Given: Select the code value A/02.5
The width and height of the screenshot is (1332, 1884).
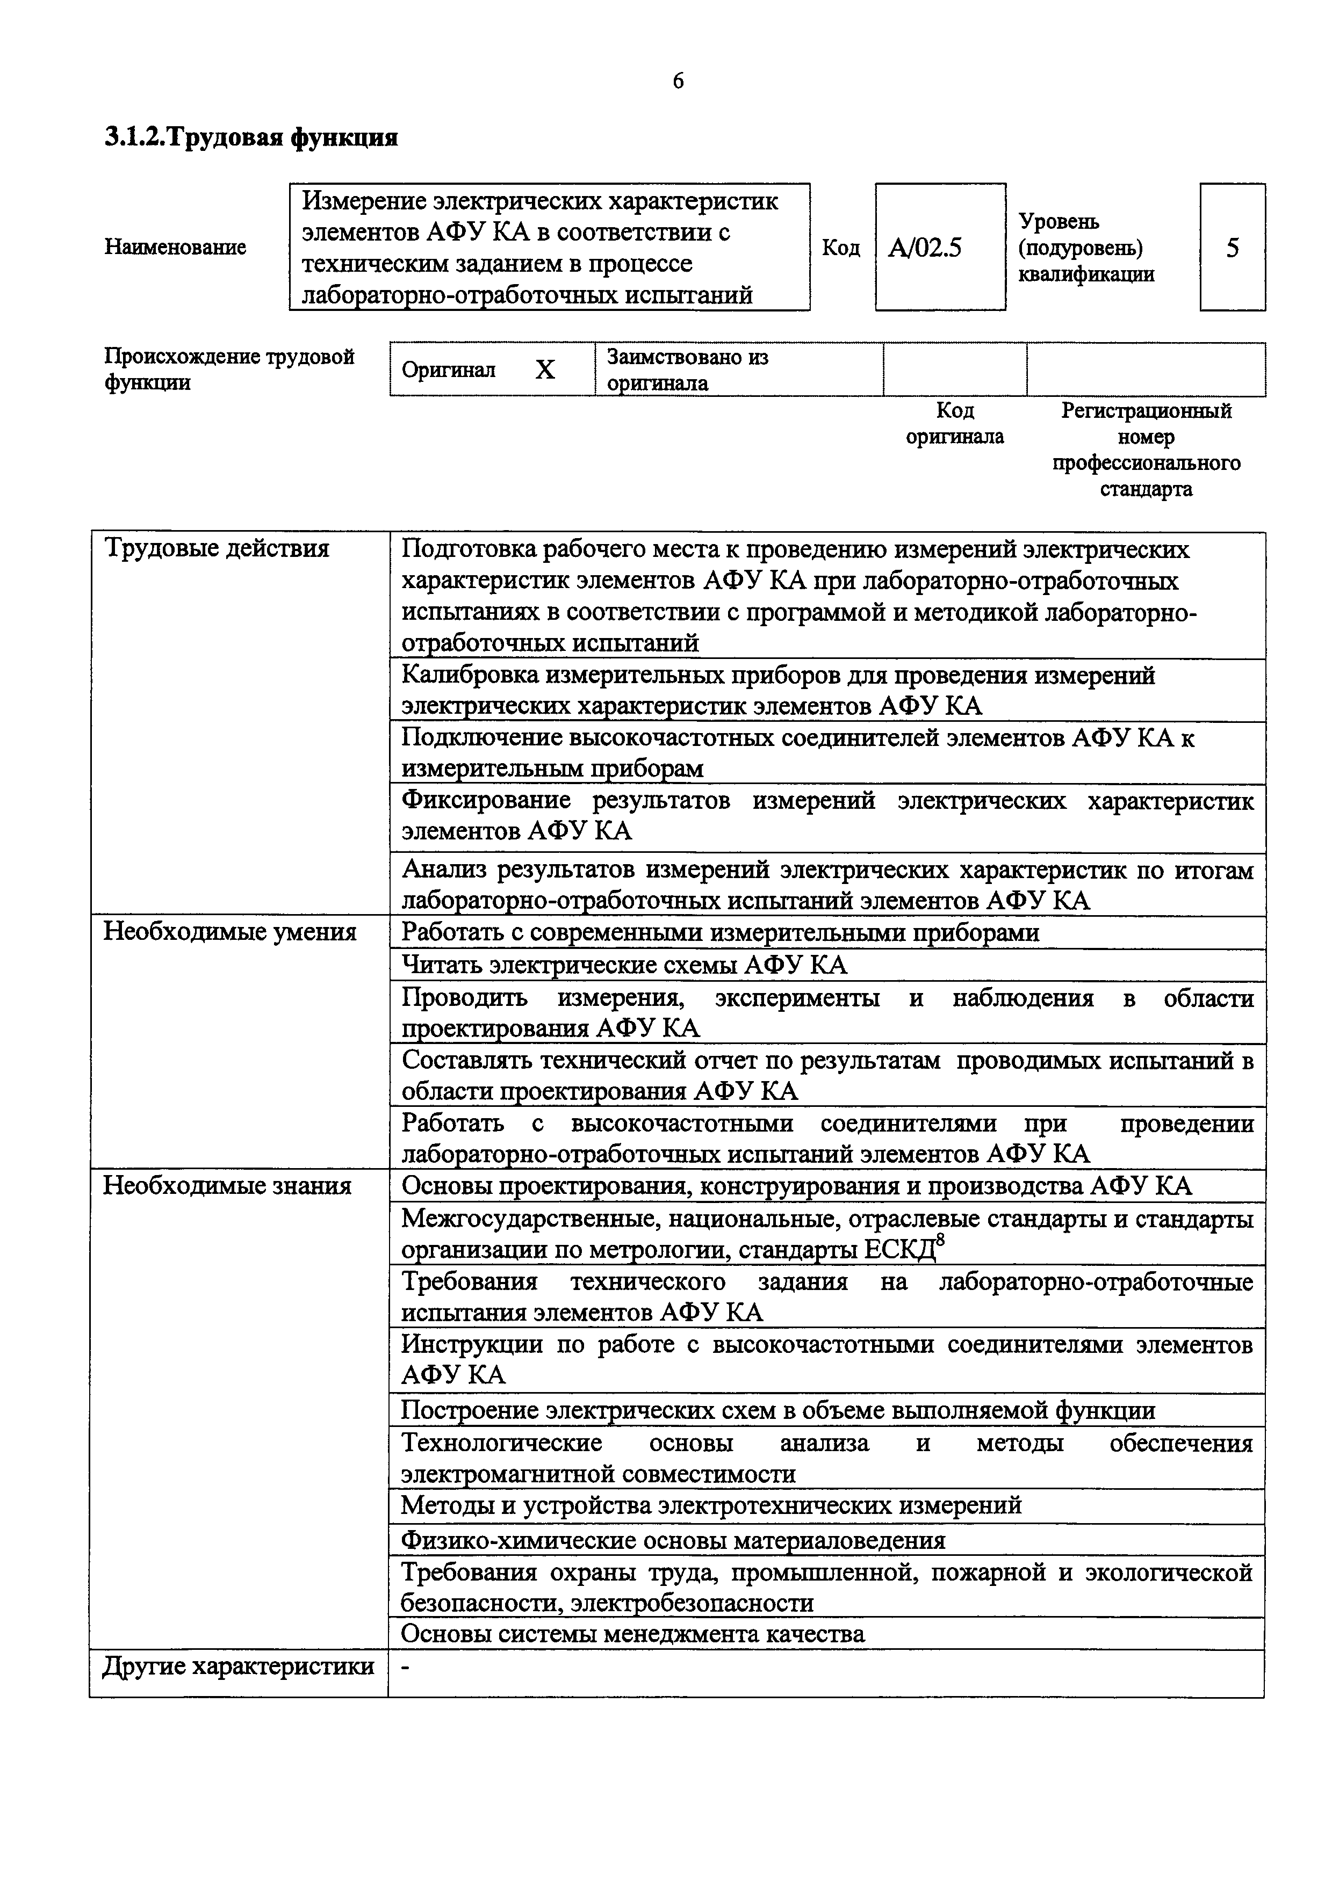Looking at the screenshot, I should tap(925, 248).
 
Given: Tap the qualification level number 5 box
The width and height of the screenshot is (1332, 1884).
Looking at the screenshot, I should tap(1232, 248).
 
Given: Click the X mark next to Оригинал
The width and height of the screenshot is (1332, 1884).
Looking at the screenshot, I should tap(545, 370).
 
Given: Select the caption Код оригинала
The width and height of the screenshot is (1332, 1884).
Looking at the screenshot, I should tap(954, 423).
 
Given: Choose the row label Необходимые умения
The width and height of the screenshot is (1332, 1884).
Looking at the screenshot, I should tap(230, 932).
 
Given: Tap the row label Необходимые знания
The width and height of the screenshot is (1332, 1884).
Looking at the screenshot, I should tap(227, 1186).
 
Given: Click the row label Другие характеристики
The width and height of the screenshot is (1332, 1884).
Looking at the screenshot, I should tap(238, 1666).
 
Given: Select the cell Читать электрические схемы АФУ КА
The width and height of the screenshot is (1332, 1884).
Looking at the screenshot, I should tap(624, 965).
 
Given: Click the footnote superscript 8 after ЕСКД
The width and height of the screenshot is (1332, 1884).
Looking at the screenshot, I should tap(940, 1242).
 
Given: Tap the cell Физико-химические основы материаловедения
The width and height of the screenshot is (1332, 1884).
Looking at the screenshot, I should tap(673, 1540).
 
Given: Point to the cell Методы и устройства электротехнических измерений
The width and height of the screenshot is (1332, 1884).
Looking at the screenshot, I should tap(711, 1505).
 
